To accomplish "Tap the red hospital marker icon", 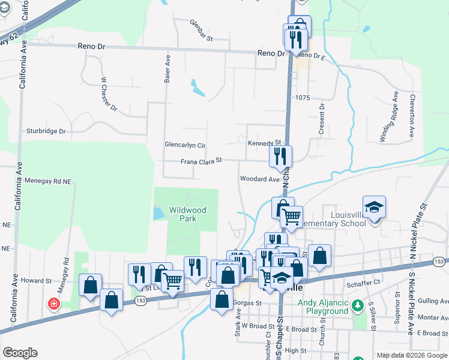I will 55,304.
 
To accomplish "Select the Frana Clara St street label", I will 202,161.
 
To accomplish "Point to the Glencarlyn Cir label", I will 185,145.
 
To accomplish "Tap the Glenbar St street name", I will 202,31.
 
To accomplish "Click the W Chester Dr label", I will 109,95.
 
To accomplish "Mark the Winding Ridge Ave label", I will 388,117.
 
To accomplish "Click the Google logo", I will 20,353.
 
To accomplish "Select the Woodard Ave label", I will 260,179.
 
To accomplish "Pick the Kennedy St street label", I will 265,143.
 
